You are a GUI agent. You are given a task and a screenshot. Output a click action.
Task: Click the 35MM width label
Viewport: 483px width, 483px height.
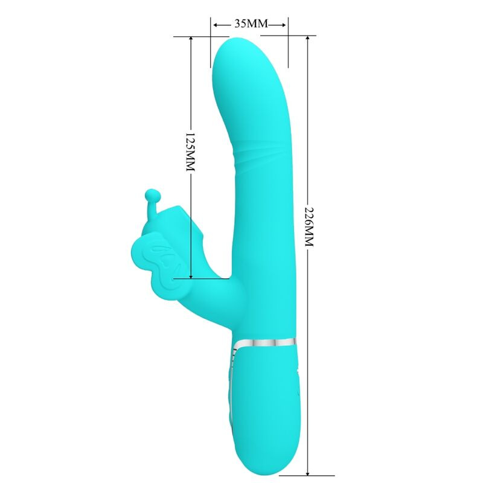point(250,24)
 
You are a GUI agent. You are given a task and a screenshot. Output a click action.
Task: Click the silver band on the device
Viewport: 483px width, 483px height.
point(266,342)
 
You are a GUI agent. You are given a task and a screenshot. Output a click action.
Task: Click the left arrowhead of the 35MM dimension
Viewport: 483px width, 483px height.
point(214,24)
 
